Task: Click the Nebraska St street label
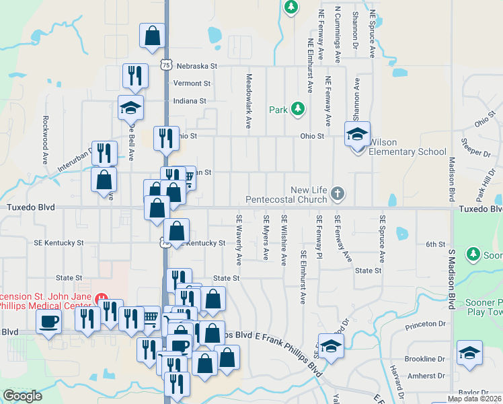point(198,66)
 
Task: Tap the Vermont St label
point(192,83)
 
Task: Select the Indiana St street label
point(190,101)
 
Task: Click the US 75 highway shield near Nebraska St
point(166,64)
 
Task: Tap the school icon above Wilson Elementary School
point(358,133)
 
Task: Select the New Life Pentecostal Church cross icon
point(338,195)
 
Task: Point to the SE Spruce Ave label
point(382,239)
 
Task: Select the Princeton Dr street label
point(426,325)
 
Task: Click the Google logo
point(22,397)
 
